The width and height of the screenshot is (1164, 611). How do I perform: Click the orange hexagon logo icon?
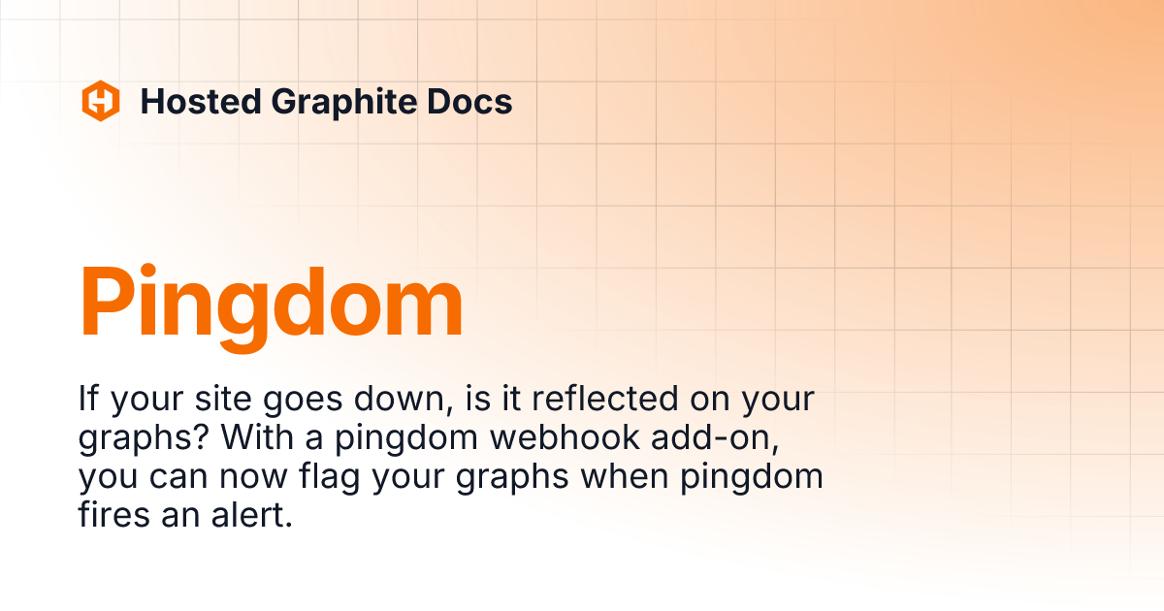pyautogui.click(x=100, y=101)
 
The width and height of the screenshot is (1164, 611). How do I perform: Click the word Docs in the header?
pyautogui.click(x=470, y=101)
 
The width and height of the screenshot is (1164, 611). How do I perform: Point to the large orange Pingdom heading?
pyautogui.click(x=271, y=304)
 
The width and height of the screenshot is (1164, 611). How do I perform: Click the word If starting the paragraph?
pyautogui.click(x=90, y=400)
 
